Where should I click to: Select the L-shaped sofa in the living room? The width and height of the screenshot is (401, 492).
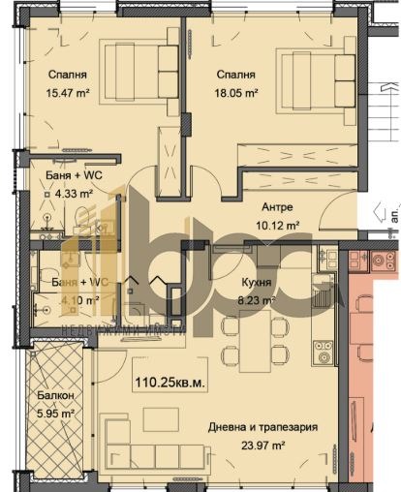click(145, 455)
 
